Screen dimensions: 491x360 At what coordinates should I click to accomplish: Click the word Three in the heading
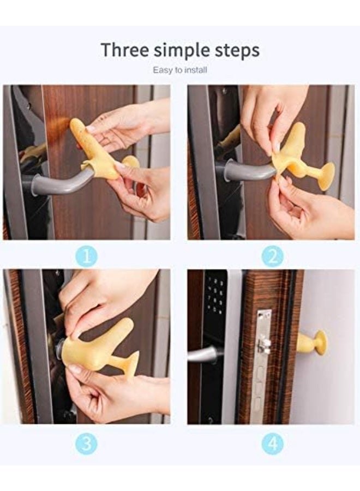[x=124, y=50]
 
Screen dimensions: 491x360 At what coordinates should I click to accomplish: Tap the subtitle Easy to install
[x=180, y=70]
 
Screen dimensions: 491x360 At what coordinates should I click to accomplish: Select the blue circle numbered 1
[x=86, y=256]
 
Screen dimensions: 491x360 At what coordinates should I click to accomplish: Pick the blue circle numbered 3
[x=86, y=443]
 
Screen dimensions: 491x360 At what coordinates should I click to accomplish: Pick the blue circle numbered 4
[x=272, y=443]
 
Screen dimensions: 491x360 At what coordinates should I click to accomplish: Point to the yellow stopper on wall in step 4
[x=313, y=343]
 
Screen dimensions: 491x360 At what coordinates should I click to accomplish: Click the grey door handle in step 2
[x=245, y=170]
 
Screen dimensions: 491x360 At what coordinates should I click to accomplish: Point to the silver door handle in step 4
[x=203, y=354]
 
